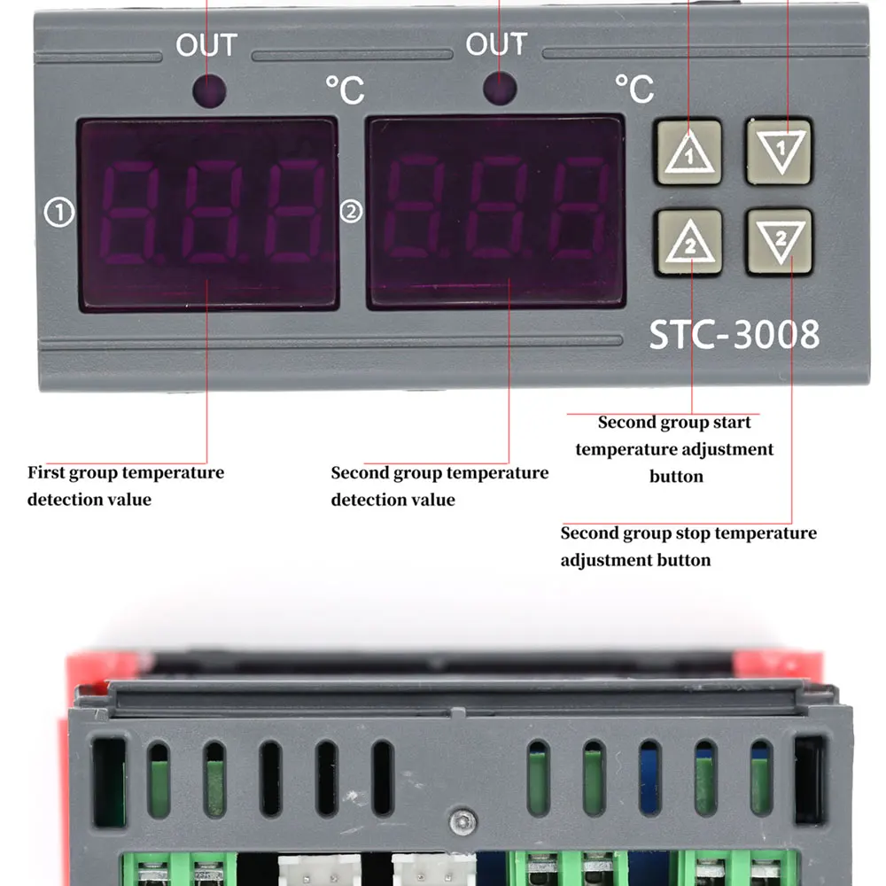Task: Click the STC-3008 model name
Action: [734, 335]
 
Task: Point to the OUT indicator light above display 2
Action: [499, 89]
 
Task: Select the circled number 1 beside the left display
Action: [59, 212]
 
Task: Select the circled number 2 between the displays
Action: [352, 211]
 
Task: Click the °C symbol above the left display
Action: [344, 89]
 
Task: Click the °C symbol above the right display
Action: [633, 89]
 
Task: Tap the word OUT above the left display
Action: [206, 45]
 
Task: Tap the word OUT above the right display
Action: [496, 44]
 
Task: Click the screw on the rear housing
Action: [459, 823]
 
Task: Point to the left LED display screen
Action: [208, 213]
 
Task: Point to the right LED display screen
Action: [496, 213]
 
